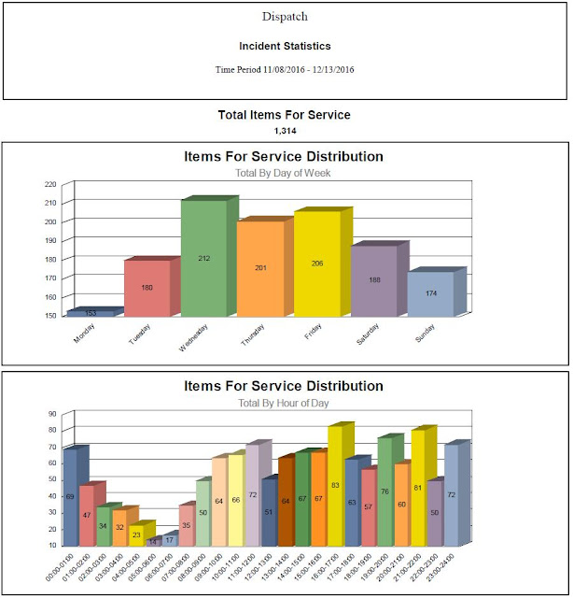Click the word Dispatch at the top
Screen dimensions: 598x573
(x=286, y=17)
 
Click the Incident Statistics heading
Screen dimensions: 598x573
(x=286, y=46)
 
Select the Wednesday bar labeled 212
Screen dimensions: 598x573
(x=203, y=258)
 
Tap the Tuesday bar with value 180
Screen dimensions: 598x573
(x=147, y=287)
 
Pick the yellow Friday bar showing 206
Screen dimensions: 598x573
(x=316, y=263)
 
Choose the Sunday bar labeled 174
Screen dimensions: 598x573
(x=430, y=293)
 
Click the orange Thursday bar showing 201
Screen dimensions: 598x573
(x=260, y=268)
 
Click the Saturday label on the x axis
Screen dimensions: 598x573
(x=369, y=332)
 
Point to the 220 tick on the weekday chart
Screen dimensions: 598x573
(x=52, y=183)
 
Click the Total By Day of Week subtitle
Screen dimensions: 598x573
(x=284, y=173)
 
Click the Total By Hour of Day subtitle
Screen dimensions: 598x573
(x=284, y=403)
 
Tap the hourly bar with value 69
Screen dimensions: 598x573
(x=70, y=496)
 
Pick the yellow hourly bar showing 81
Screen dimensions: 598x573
(x=418, y=488)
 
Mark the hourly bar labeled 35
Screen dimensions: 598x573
(x=186, y=525)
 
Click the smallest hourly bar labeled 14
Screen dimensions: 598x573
(x=153, y=541)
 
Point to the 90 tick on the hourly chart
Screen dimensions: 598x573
(x=52, y=413)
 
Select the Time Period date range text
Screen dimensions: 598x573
(x=286, y=69)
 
